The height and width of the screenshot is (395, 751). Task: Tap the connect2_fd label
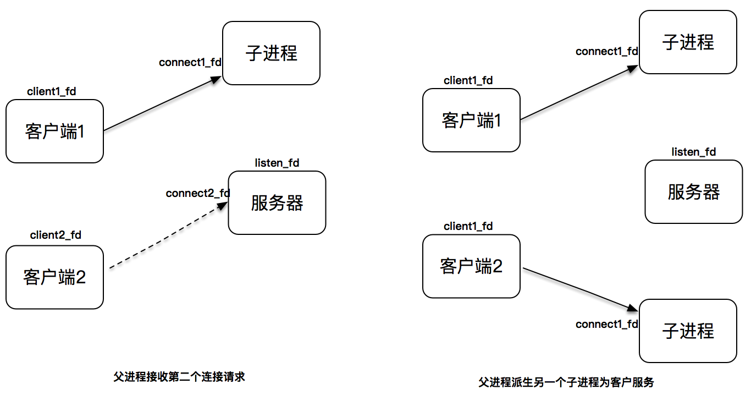[198, 194]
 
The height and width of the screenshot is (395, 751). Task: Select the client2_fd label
[56, 235]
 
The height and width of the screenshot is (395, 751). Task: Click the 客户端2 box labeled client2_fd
[54, 277]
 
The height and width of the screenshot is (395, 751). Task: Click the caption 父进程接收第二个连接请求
[179, 377]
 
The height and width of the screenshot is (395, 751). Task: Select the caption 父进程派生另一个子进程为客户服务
[566, 382]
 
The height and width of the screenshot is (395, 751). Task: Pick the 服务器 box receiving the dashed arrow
[277, 202]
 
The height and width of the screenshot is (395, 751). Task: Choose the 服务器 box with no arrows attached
[693, 191]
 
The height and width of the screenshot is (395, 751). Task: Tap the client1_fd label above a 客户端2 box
[468, 226]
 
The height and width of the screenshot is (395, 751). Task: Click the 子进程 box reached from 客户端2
[688, 331]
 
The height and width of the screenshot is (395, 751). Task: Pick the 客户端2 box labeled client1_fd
[471, 266]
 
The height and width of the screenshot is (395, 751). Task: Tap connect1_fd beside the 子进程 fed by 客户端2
[607, 324]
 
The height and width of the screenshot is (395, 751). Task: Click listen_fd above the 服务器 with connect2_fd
[277, 163]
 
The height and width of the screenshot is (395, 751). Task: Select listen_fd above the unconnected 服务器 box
[694, 152]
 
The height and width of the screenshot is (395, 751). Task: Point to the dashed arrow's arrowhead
[223, 205]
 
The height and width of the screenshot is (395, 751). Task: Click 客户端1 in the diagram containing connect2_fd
[54, 131]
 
